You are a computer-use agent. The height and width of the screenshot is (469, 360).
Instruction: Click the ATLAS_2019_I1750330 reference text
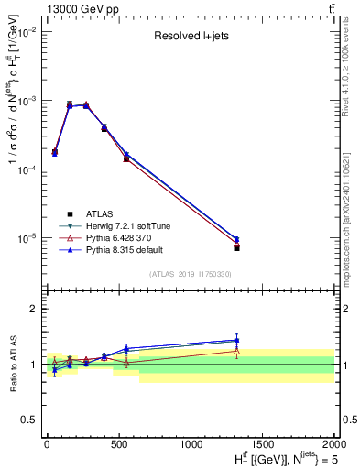(191, 274)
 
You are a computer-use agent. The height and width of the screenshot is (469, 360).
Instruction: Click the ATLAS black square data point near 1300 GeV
(236, 248)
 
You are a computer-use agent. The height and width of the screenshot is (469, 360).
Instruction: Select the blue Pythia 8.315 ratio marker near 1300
(236, 340)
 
